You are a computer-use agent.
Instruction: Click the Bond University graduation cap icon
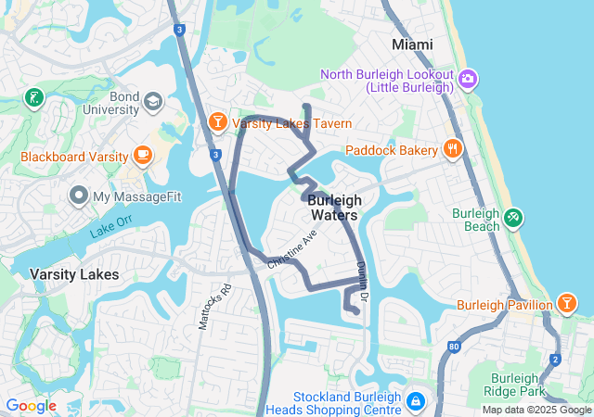coord(152,100)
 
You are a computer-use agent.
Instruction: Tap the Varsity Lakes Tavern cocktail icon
coord(216,123)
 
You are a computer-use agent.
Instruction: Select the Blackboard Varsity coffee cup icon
coord(142,155)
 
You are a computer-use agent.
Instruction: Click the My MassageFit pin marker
coord(78,196)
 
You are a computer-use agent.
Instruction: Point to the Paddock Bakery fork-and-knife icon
coord(452,148)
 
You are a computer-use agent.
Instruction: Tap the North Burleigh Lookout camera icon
coord(468,79)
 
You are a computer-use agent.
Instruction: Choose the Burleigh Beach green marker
coord(512,219)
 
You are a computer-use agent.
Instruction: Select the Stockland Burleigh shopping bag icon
coord(416,401)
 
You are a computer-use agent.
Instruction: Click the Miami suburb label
coord(412,44)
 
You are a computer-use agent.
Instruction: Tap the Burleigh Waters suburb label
coord(333,208)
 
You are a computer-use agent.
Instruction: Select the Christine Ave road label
coord(292,250)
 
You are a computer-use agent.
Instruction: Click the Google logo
coord(31,406)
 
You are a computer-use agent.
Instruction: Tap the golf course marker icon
coord(34,97)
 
